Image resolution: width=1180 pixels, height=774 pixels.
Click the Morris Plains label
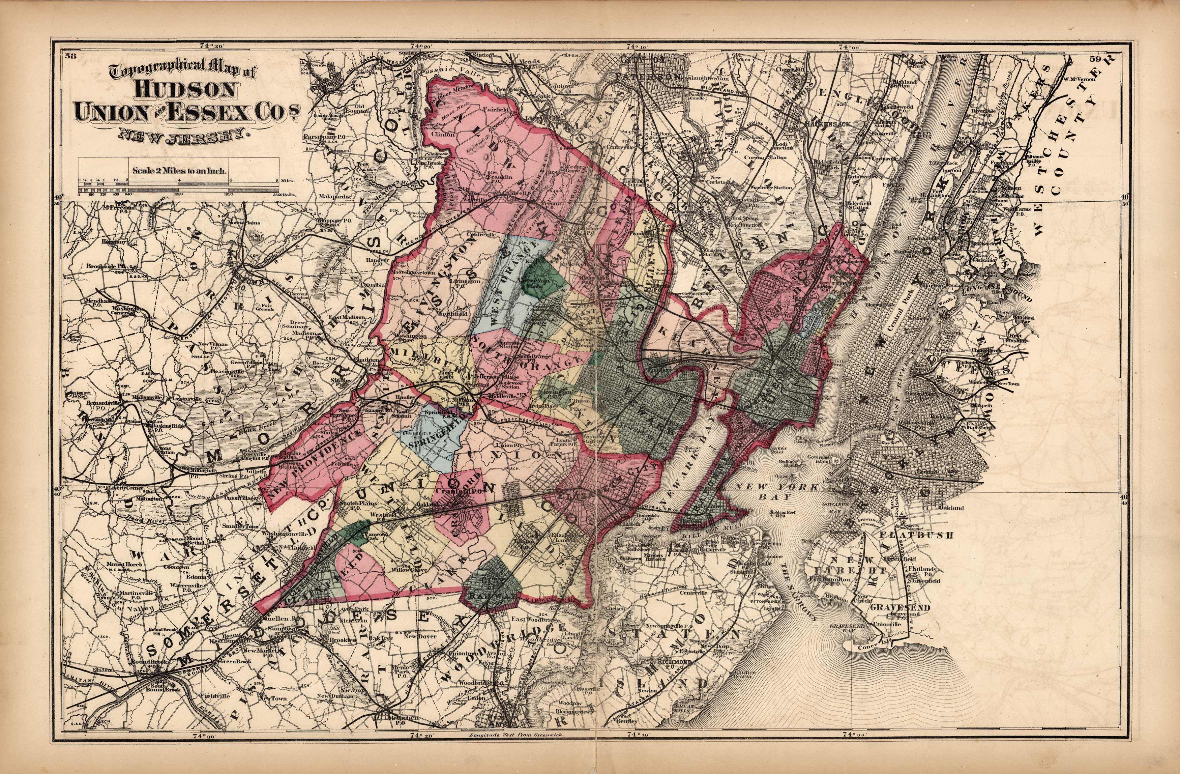click(x=244, y=223)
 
